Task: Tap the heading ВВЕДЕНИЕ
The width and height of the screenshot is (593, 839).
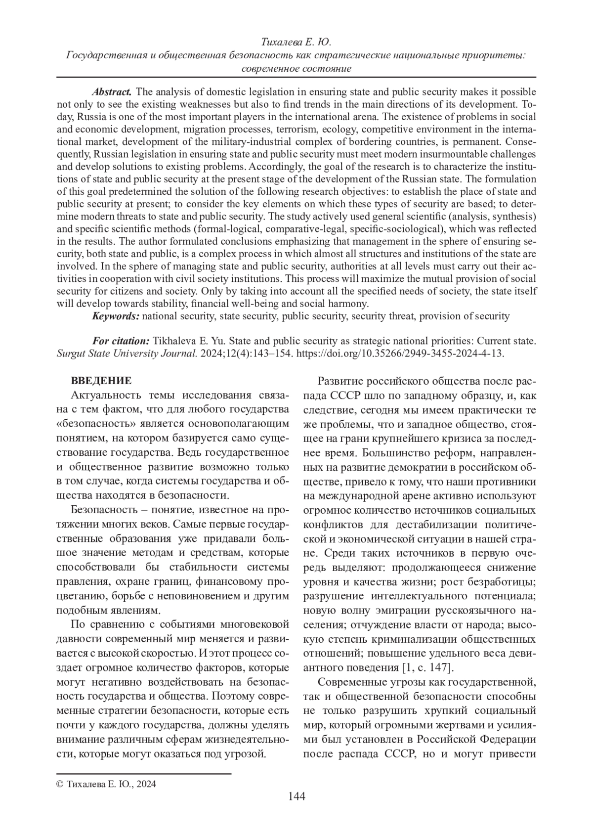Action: (x=101, y=381)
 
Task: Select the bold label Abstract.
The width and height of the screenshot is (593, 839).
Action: (x=112, y=92)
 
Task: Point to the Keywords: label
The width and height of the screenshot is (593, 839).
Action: (x=116, y=316)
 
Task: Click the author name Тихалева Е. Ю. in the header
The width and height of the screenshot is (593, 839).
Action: (x=296, y=43)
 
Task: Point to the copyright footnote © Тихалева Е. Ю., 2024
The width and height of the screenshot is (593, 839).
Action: (x=106, y=784)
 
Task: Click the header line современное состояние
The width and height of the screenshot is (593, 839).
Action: (x=296, y=68)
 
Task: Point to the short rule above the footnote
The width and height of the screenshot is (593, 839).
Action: (x=144, y=772)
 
